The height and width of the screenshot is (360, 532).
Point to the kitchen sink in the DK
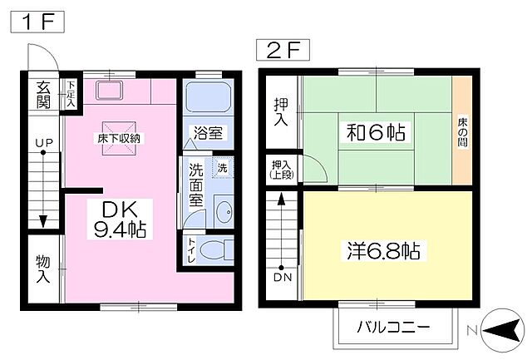109,91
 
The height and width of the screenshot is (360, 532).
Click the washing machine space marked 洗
222,168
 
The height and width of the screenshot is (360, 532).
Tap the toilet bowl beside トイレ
217,249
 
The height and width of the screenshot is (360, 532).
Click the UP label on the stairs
43,144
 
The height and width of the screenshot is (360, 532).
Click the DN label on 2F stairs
282,276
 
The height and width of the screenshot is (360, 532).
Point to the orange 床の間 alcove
462,131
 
